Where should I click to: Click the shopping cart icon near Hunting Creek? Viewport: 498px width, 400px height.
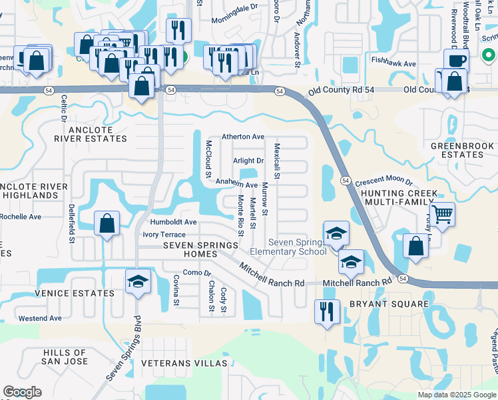441,215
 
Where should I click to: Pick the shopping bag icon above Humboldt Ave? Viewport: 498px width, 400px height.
107,223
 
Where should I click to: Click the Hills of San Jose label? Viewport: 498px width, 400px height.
65,357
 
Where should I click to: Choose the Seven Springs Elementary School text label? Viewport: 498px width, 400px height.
288,247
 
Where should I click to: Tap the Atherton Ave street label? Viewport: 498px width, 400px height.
243,137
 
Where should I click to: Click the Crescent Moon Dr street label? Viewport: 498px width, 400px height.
384,181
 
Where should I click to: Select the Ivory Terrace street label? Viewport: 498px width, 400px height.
164,235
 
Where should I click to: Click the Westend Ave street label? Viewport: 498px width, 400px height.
40,319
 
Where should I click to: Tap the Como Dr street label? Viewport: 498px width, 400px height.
196,273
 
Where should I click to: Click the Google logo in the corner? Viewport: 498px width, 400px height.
23,392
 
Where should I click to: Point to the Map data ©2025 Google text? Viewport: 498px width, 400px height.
457,395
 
